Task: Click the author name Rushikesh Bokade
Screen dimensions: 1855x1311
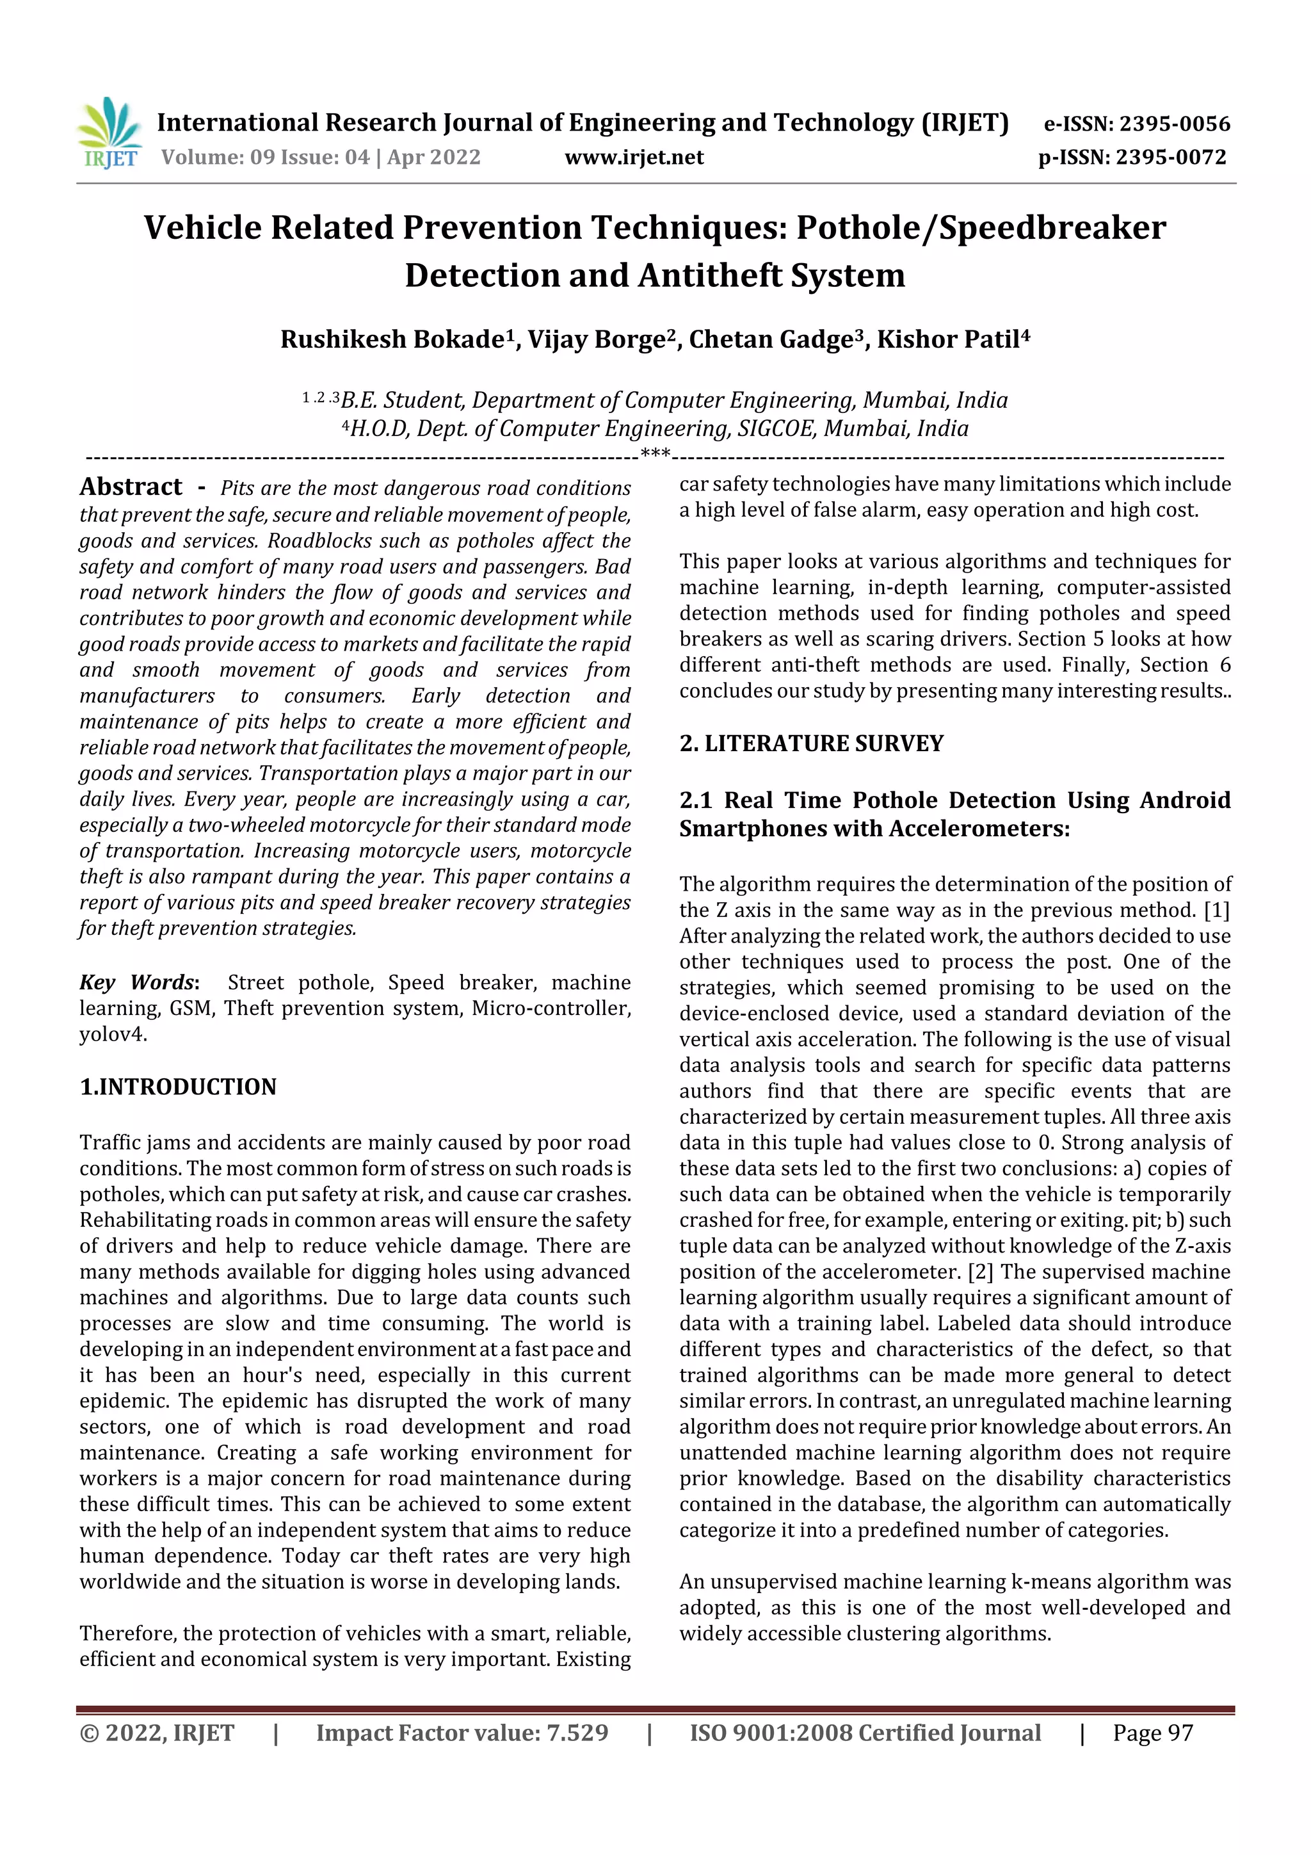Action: (392, 339)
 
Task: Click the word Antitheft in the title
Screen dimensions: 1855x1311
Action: (710, 275)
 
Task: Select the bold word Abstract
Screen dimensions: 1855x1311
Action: (131, 487)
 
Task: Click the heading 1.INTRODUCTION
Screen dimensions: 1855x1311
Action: (178, 1087)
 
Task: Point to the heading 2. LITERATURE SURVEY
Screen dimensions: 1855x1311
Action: (811, 743)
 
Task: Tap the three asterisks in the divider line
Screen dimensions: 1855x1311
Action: (654, 454)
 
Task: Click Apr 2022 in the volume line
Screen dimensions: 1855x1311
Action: (434, 158)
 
